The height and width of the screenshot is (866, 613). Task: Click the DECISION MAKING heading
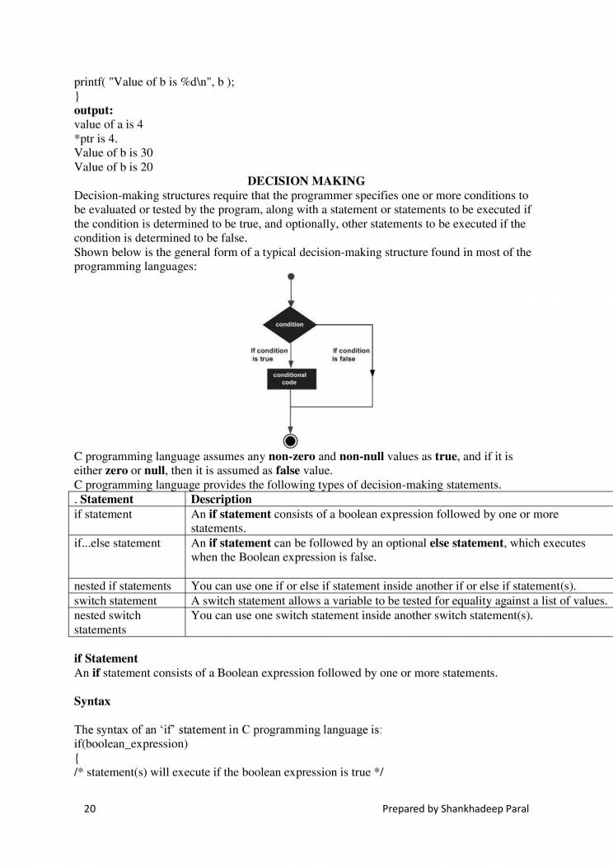point(306,181)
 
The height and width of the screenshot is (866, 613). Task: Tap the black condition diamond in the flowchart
point(289,324)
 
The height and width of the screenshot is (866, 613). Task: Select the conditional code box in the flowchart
point(289,379)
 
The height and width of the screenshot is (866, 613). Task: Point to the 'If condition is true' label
point(269,355)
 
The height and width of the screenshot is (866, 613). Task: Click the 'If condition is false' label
point(350,355)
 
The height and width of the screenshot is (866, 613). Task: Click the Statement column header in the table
point(105,500)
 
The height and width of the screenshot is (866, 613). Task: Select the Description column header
point(221,500)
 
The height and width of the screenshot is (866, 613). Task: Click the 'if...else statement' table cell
point(118,543)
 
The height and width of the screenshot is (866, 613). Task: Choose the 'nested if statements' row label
point(123,586)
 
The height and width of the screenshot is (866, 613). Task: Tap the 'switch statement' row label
point(115,601)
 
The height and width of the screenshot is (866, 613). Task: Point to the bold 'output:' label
point(94,110)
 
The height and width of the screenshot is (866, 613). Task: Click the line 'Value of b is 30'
point(114,153)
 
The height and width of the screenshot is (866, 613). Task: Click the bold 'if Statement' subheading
point(106,659)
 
